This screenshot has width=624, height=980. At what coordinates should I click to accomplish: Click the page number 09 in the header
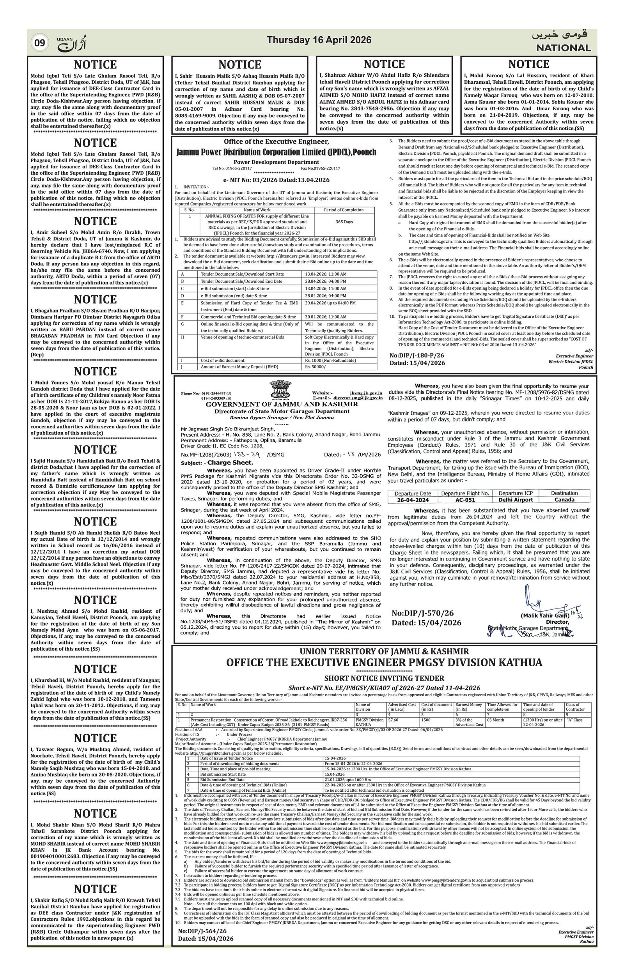point(39,43)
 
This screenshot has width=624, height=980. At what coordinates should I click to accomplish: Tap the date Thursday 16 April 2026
point(319,40)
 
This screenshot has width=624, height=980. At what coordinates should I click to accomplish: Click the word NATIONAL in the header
point(563,48)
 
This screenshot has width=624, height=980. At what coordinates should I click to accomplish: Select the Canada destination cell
point(564,499)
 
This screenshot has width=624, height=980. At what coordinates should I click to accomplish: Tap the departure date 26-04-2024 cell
point(413,499)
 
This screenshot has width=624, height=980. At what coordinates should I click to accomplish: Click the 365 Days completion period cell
point(344,222)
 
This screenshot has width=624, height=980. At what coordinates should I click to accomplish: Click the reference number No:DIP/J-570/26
point(422,613)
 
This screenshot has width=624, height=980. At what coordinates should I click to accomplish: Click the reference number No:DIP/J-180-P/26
point(417,355)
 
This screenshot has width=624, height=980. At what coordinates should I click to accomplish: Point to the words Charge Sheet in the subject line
point(230,462)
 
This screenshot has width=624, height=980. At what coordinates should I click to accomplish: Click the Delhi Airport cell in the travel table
point(515,499)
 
